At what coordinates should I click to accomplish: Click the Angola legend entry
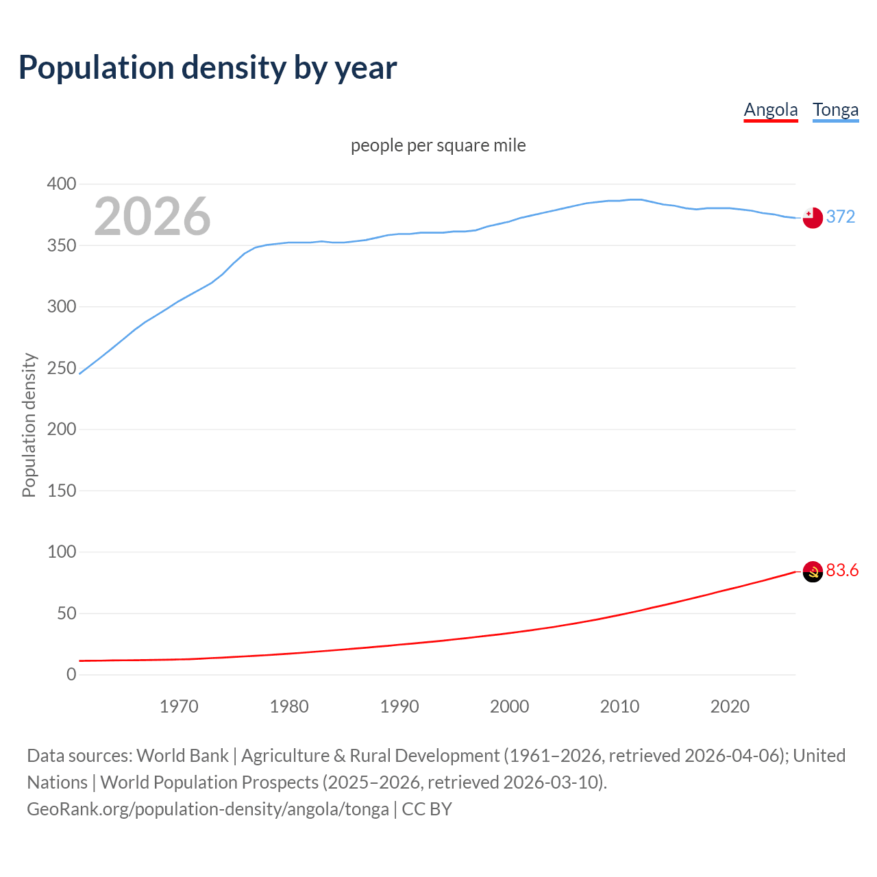[x=771, y=110]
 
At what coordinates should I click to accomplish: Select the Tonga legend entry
[x=835, y=110]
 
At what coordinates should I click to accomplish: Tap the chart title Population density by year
[x=208, y=68]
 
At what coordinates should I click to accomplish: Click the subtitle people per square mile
[x=438, y=145]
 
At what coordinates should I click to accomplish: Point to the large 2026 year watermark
[x=152, y=217]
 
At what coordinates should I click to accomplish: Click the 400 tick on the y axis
[x=62, y=184]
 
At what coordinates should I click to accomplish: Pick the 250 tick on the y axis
[x=62, y=368]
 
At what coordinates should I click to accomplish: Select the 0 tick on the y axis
[x=71, y=674]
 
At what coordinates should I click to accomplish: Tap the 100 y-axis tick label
[x=62, y=552]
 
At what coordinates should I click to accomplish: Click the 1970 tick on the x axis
[x=179, y=706]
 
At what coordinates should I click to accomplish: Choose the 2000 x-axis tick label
[x=509, y=706]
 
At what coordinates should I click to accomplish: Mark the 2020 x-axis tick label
[x=730, y=706]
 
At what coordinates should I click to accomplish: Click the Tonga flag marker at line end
[x=812, y=217]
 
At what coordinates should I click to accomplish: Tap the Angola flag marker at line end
[x=812, y=571]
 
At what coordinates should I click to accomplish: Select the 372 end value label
[x=841, y=217]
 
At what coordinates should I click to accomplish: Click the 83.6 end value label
[x=842, y=571]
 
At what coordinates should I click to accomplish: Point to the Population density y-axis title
[x=29, y=425]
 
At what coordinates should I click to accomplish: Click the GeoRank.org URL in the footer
[x=208, y=809]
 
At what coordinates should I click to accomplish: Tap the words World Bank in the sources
[x=182, y=756]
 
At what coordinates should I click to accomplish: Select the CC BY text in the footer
[x=427, y=809]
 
